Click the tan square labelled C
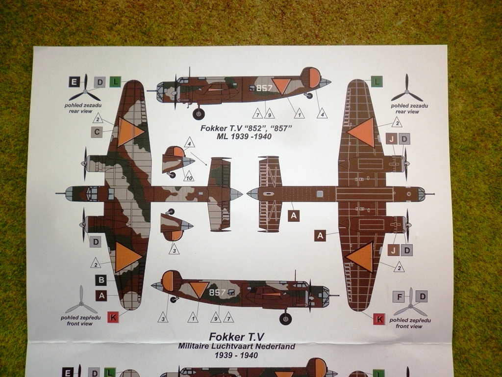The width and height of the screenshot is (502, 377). (97, 132)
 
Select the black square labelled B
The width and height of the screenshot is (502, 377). (101, 280)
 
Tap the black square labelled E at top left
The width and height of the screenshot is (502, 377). (75, 82)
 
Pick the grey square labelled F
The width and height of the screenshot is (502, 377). (400, 296)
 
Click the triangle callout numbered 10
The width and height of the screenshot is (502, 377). (189, 177)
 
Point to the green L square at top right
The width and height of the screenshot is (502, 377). (376, 82)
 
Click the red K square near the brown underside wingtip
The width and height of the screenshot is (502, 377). (378, 319)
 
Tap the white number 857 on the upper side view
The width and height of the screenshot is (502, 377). (264, 88)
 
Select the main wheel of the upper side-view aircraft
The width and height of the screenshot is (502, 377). (199, 114)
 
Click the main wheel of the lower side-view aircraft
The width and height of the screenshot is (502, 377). (285, 319)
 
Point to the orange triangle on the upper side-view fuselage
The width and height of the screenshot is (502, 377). (281, 85)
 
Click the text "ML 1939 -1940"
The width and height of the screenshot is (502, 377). (244, 136)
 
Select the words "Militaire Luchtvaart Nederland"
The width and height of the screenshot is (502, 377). (237, 346)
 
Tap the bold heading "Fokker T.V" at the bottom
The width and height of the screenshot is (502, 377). (236, 337)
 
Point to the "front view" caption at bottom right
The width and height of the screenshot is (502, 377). (409, 326)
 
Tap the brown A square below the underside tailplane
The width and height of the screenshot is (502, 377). (294, 215)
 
